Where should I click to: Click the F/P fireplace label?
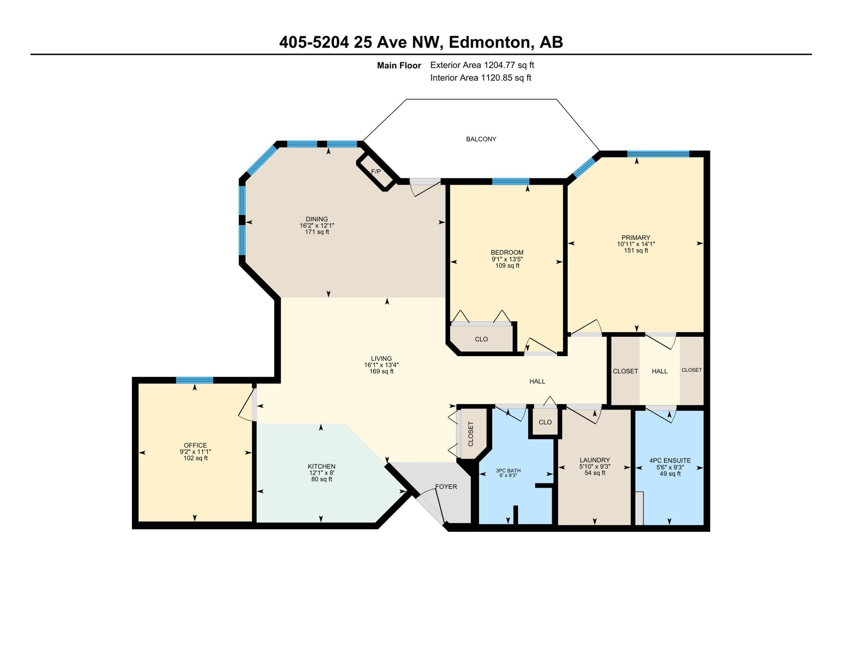(376, 171)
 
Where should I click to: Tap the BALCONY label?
(481, 139)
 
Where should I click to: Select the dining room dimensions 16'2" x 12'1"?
(317, 225)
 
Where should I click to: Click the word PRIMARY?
(636, 237)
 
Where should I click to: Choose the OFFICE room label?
(195, 445)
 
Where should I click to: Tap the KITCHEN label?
(322, 466)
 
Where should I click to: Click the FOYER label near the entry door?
(446, 487)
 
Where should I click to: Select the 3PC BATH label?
(508, 470)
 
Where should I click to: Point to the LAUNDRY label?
(595, 460)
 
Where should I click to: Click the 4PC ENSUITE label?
(670, 460)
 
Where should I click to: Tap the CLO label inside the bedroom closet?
(481, 339)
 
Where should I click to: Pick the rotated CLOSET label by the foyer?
(470, 434)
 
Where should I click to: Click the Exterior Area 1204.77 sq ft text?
(482, 65)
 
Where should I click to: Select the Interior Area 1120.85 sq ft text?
(481, 78)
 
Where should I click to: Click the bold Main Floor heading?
(399, 65)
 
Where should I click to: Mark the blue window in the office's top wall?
(194, 380)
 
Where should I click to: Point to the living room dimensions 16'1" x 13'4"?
(381, 365)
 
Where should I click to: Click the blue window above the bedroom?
(511, 181)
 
